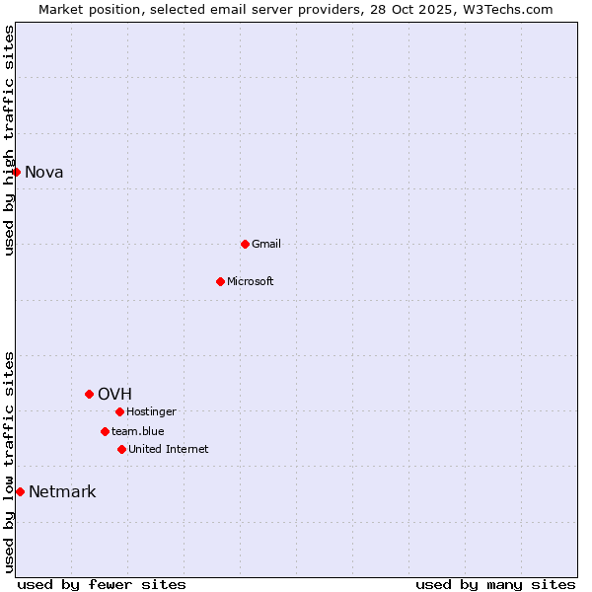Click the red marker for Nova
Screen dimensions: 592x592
tap(16, 172)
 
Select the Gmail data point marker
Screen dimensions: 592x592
tap(245, 244)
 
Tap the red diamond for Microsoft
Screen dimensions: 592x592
tap(220, 281)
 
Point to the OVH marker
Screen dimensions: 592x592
tap(89, 394)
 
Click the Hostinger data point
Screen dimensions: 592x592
tap(119, 411)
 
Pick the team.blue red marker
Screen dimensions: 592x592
tap(105, 431)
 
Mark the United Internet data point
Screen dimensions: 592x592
tap(121, 449)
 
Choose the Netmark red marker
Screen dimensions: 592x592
tap(20, 491)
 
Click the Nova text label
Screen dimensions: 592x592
tap(44, 173)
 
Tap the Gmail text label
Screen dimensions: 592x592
tap(266, 244)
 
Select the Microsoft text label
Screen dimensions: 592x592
tap(251, 281)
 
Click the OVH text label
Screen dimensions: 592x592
tap(114, 395)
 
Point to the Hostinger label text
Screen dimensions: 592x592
tap(151, 411)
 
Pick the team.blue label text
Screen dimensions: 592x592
tap(138, 431)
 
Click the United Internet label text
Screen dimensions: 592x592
tap(169, 449)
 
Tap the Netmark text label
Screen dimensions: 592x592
tap(62, 492)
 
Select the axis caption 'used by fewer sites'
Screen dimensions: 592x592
tap(102, 584)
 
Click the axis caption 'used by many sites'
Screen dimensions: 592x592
tap(495, 584)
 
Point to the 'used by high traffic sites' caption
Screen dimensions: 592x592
tap(9, 140)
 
